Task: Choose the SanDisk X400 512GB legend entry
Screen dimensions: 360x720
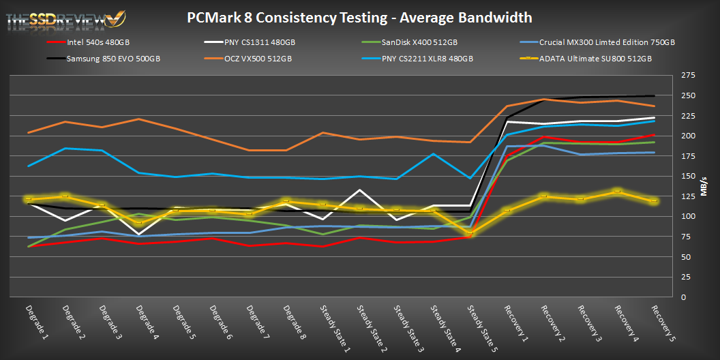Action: (x=411, y=42)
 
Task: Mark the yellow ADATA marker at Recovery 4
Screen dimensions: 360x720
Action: (x=616, y=192)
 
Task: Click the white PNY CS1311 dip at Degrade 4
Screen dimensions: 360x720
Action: (x=139, y=234)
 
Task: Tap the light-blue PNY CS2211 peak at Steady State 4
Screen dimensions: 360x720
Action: (x=434, y=154)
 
